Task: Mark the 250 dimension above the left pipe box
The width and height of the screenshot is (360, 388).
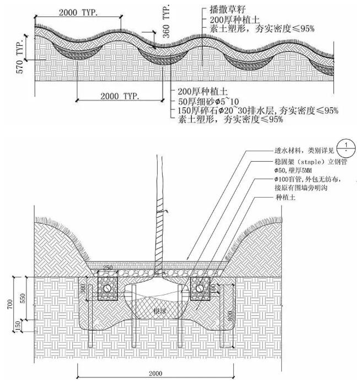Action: click(108, 268)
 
